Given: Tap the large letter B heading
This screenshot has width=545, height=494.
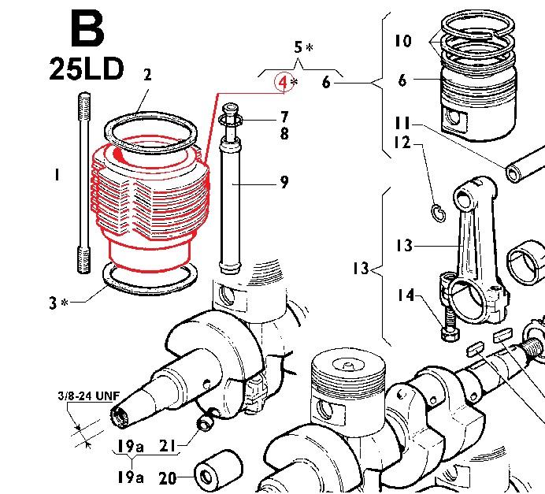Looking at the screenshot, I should (x=86, y=30).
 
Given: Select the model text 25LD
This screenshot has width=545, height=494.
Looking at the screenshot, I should (x=87, y=69).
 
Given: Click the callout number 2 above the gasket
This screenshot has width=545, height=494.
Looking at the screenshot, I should (x=146, y=76).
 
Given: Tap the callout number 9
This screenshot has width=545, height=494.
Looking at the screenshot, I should (x=284, y=183).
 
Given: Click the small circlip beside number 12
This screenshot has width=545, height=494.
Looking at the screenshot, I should (x=438, y=210).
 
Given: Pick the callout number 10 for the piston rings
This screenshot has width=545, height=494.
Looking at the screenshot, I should (x=402, y=41).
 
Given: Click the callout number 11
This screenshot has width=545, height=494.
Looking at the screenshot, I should (x=402, y=123).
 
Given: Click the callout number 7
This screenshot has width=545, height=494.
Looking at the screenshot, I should (x=284, y=118).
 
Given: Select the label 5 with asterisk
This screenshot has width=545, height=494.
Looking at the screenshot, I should (x=302, y=48).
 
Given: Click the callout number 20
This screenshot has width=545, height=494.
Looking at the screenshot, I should (x=166, y=477).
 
